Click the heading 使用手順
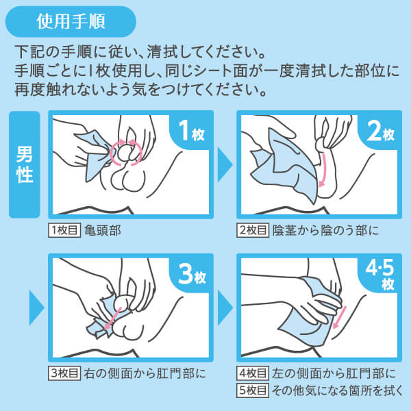71,21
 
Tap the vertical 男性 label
25,164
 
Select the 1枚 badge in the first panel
192,131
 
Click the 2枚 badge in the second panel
380,131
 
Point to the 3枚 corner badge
192,274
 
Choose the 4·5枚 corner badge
380,274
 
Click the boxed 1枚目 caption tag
64,230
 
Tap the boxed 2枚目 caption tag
253,230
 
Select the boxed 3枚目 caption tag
64,373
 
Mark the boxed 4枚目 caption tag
253,373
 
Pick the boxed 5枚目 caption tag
253,390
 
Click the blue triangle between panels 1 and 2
225,164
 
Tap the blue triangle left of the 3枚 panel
36,308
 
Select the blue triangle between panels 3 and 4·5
225,308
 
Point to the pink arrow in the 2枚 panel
323,171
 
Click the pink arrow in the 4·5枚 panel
340,317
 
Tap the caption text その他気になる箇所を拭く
337,390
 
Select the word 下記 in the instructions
29,52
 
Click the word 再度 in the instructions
29,90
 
